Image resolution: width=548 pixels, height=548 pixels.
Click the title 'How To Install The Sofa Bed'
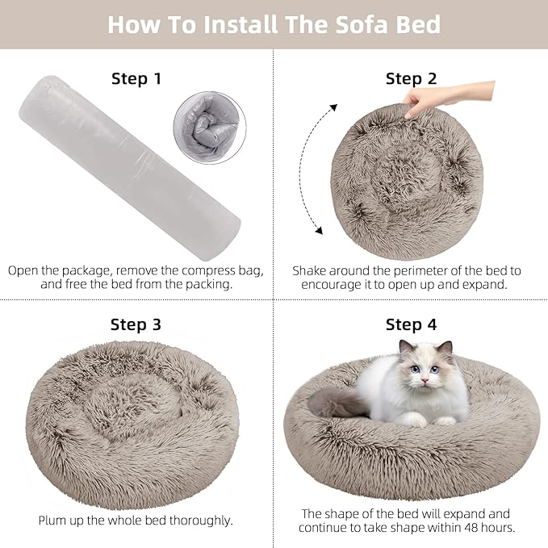pyautogui.click(x=274, y=24)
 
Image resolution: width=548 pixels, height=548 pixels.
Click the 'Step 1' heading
pyautogui.click(x=136, y=78)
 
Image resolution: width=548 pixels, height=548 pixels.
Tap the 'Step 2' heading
pyautogui.click(x=411, y=78)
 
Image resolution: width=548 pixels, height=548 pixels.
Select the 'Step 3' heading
pyautogui.click(x=136, y=325)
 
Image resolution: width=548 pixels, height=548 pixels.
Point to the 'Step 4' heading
pyautogui.click(x=411, y=325)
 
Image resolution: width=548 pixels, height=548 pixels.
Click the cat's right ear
pyautogui.click(x=445, y=348)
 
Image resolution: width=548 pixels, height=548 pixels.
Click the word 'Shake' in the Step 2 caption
pyautogui.click(x=311, y=270)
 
